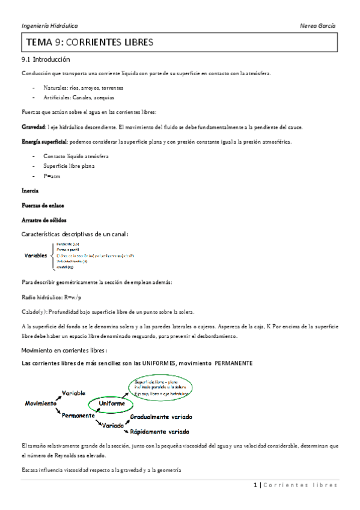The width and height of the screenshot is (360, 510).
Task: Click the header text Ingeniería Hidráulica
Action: [49, 26]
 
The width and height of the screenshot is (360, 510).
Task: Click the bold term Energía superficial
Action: [44, 142]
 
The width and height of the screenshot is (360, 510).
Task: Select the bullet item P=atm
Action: [52, 176]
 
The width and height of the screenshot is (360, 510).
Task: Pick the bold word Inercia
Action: [29, 191]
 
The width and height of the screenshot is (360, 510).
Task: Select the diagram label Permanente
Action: [78, 416]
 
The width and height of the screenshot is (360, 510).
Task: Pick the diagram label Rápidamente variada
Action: [160, 432]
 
